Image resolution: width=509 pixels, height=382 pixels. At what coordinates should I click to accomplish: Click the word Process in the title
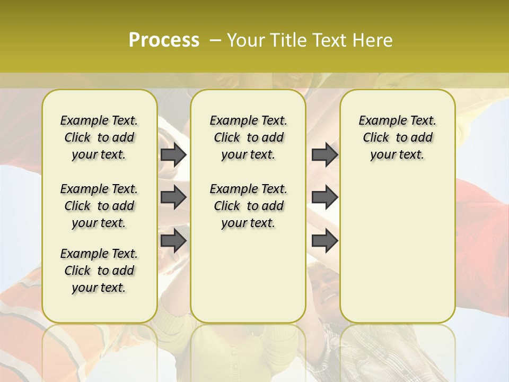coord(164,40)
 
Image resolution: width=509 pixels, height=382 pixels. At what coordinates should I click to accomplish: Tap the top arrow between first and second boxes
coord(173,155)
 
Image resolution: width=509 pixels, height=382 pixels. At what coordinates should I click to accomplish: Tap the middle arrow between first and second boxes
coord(173,198)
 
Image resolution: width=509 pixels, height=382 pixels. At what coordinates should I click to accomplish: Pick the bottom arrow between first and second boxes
coord(173,240)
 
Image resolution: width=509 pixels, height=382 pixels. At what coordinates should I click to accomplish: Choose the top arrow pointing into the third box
coord(324,155)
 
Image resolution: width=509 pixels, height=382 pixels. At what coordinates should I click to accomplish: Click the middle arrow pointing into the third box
coord(324,198)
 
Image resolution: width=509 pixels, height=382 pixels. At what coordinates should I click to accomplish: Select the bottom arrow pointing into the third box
coord(324,240)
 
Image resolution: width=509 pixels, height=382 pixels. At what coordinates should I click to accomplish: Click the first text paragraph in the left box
coord(99,137)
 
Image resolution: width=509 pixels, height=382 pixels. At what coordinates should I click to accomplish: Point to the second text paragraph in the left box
coord(99,206)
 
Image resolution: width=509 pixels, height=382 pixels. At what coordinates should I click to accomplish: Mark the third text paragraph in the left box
coord(99,271)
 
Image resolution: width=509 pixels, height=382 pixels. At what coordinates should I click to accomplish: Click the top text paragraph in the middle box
coord(248,137)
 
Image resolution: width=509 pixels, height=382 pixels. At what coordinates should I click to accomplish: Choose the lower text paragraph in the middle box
coord(248,206)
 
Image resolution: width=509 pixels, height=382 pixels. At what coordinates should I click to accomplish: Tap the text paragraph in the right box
coord(397,137)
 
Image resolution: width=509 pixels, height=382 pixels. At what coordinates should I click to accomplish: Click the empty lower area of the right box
coord(397,249)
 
